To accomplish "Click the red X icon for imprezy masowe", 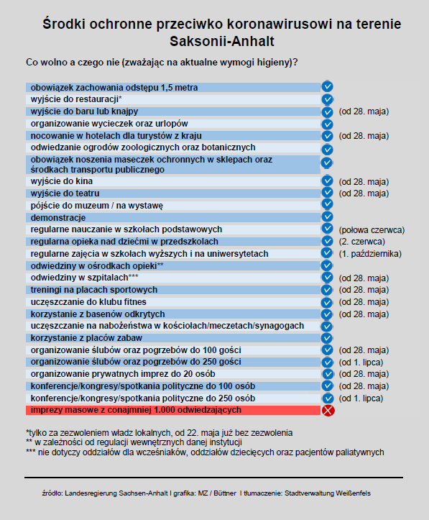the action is [x=328, y=410].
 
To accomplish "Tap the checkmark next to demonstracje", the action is [x=327, y=216].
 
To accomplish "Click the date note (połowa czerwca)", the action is [x=372, y=230].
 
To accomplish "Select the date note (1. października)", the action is [x=370, y=254].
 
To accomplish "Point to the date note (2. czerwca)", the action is [x=361, y=242].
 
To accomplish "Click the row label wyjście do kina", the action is [x=62, y=181].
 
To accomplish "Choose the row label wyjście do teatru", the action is [x=65, y=193].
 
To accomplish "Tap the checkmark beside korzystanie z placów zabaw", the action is [x=327, y=338].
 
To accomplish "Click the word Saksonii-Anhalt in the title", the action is [x=222, y=42].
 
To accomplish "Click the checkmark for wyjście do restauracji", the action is [x=327, y=99].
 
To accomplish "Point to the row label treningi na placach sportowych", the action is [x=94, y=290].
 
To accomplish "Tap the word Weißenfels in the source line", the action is [x=353, y=493].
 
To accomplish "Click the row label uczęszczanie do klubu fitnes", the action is [x=88, y=302].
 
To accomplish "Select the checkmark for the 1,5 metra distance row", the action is [x=327, y=86].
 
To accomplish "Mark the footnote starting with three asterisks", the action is [x=205, y=452].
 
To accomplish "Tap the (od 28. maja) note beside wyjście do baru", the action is [x=364, y=111].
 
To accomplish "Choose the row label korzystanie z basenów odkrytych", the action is [x=98, y=314].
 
